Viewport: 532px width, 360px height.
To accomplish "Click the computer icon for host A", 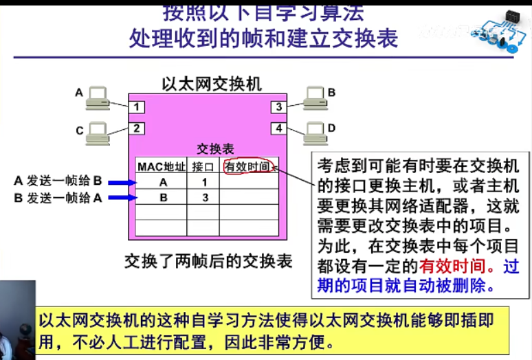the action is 96,98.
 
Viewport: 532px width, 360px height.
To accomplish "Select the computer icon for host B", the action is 314,98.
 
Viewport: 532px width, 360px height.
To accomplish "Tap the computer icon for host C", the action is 97,133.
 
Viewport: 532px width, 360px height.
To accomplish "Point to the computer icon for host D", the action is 314,133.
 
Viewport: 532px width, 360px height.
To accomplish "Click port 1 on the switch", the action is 138,106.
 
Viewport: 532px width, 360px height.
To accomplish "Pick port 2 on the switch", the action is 138,128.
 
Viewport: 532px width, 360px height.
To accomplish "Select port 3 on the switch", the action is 278,106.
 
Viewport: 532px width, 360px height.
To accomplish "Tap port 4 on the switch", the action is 278,128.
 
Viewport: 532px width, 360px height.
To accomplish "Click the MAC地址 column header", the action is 162,166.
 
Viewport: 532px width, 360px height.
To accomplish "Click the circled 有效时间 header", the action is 247,166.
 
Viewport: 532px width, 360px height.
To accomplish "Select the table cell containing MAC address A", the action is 162,183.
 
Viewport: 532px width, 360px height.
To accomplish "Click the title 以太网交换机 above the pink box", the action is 211,84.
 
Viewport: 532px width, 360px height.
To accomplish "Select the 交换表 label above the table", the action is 215,149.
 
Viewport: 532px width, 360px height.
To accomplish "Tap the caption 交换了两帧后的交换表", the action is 208,261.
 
